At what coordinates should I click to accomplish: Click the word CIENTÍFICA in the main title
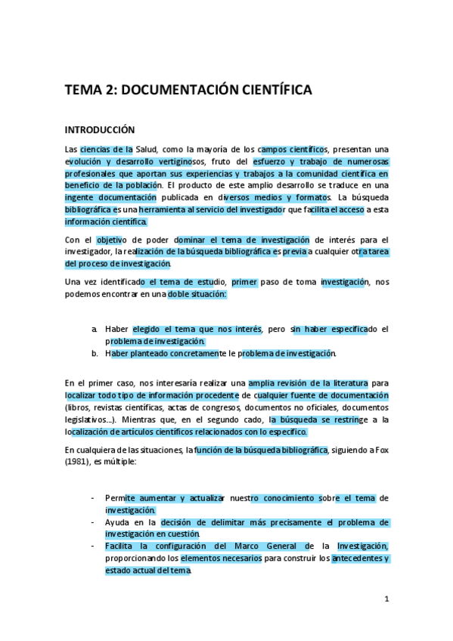point(271,91)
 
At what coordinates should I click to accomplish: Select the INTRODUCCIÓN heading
point(100,130)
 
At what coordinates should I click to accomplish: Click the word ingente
point(80,197)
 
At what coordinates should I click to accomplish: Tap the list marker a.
point(95,329)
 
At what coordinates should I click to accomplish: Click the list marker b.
point(95,353)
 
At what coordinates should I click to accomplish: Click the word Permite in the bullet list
point(120,498)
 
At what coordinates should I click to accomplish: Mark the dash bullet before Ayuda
point(92,522)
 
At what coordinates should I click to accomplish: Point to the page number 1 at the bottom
point(386,599)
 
